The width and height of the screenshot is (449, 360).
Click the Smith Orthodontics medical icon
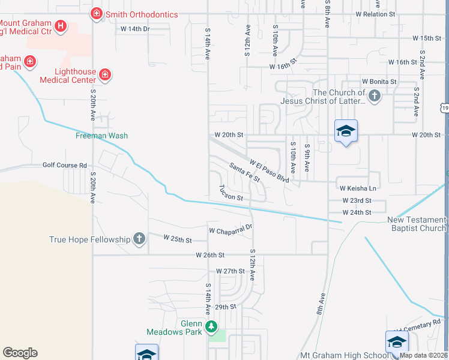[x=95, y=13]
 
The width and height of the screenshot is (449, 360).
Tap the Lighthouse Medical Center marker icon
[x=105, y=74]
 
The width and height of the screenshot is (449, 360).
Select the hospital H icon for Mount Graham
[x=60, y=25]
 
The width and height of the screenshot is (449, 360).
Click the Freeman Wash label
[x=101, y=136]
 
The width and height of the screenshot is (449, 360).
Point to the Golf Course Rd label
[x=64, y=165]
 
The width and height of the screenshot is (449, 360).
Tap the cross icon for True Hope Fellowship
[x=139, y=239]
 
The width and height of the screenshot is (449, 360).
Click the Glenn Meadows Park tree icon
[x=211, y=326]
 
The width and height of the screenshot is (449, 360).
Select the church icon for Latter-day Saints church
[x=374, y=95]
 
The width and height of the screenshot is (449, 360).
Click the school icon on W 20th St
[x=346, y=131]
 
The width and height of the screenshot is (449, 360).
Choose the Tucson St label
[x=231, y=193]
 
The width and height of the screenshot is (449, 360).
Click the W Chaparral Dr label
[x=231, y=230]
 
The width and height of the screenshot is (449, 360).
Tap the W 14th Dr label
[x=134, y=28]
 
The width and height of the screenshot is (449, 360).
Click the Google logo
[x=20, y=353]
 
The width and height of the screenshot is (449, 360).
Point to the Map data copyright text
[x=424, y=355]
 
